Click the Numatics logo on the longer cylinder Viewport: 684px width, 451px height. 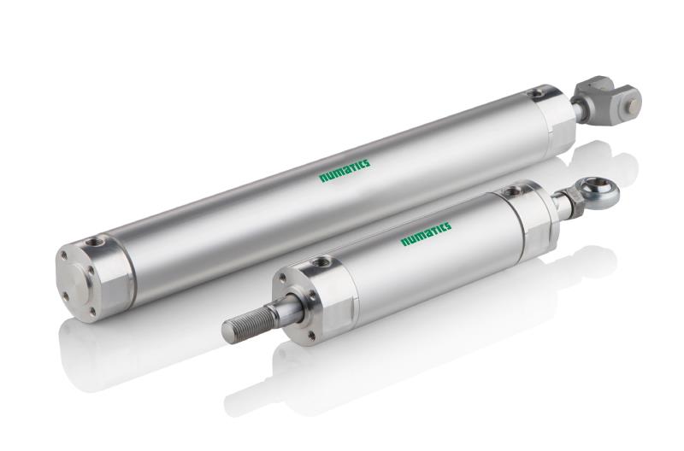pyautogui.click(x=345, y=171)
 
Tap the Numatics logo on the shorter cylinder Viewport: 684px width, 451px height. pyautogui.click(x=426, y=233)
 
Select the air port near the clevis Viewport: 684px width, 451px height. pyautogui.click(x=534, y=93)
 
